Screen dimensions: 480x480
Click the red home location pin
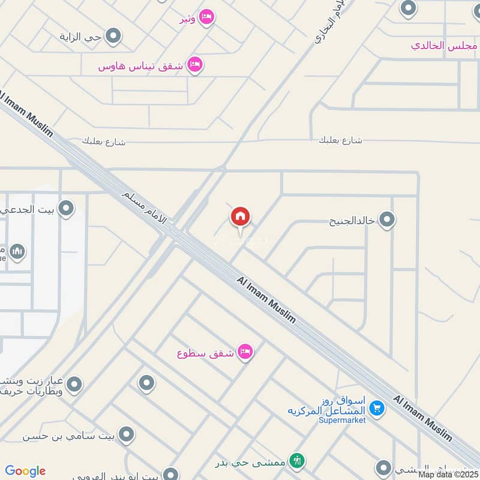(241, 217)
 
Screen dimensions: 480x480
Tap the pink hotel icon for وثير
(206, 18)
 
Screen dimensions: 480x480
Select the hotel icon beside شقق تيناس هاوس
(194, 65)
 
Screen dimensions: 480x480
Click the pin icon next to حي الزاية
(113, 37)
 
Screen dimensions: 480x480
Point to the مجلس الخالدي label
(444, 45)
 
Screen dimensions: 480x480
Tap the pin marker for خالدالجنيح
(387, 220)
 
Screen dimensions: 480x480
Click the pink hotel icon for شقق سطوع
(244, 352)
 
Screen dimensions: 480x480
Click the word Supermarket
(343, 420)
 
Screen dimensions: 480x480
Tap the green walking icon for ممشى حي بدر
(297, 461)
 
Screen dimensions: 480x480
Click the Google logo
(25, 471)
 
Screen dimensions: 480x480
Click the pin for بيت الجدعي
(67, 209)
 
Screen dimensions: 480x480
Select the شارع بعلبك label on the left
(103, 142)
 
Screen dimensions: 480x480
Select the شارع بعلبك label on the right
(340, 140)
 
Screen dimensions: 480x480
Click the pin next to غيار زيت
(74, 384)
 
